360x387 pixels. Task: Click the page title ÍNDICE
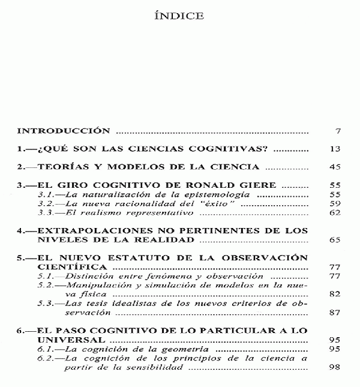pyautogui.click(x=179, y=16)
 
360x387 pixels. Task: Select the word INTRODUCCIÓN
pyautogui.click(x=62, y=131)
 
